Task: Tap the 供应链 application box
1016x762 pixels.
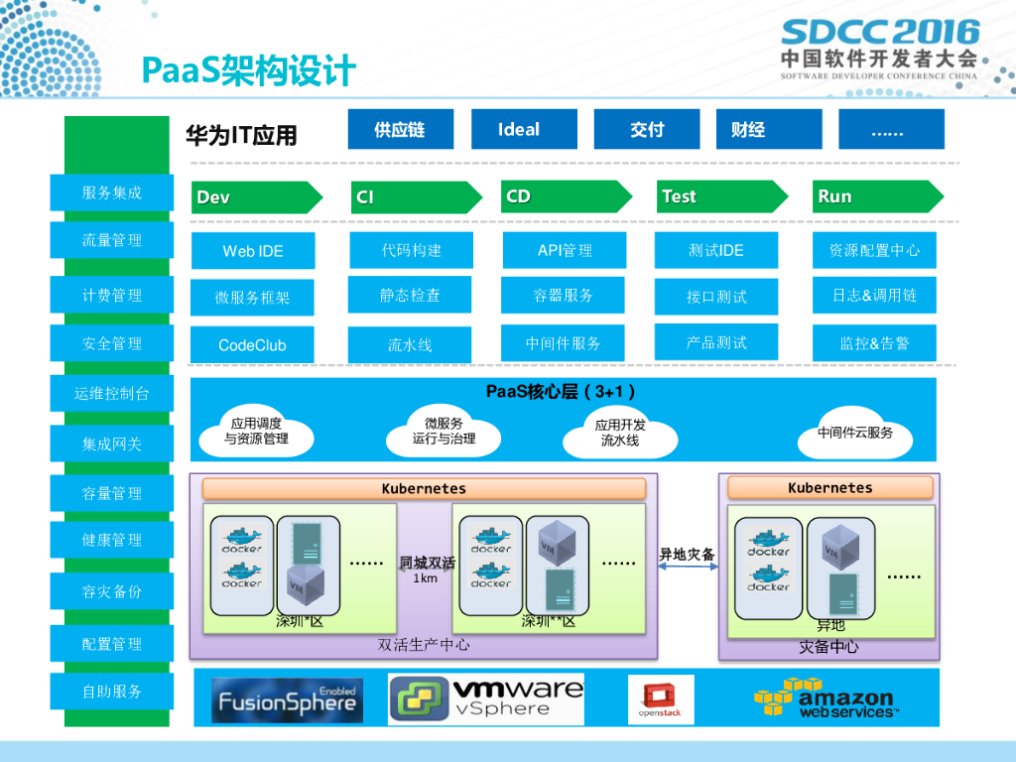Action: point(400,129)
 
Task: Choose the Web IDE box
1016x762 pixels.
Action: point(253,251)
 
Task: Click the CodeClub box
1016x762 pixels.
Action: point(252,345)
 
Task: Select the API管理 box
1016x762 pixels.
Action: point(564,250)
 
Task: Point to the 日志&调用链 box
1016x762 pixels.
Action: point(874,295)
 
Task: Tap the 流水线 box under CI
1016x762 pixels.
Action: point(410,345)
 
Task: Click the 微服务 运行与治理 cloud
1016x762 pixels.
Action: point(444,431)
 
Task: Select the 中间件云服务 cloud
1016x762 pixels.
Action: point(854,434)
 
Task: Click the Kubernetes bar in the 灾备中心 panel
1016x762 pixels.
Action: point(829,488)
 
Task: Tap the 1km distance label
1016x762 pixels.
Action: point(426,578)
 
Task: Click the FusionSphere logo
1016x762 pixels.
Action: point(287,700)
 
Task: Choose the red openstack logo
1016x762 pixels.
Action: point(660,699)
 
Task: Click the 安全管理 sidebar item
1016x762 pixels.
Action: point(111,343)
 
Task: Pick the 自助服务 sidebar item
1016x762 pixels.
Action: point(111,692)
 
